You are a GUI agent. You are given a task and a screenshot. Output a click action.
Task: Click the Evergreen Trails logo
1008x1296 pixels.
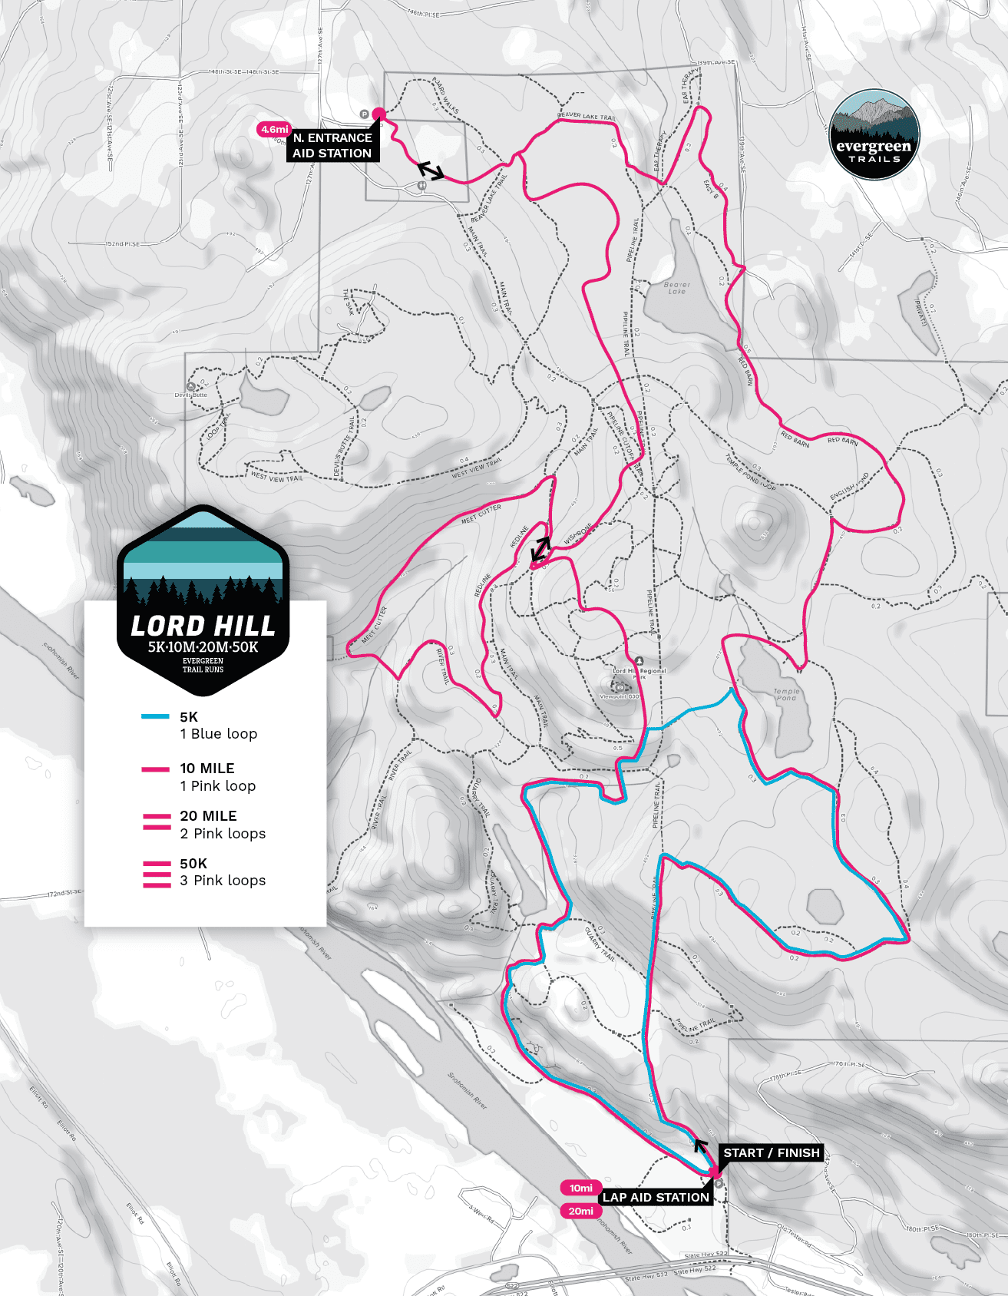pos(874,134)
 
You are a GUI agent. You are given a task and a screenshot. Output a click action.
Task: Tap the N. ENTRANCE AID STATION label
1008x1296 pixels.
pos(332,146)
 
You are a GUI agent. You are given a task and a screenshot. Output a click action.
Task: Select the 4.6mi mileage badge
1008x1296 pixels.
pos(274,130)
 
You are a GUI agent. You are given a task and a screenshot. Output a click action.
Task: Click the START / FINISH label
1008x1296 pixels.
pos(772,1153)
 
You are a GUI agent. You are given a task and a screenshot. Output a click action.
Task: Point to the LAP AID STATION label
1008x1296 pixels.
pos(656,1198)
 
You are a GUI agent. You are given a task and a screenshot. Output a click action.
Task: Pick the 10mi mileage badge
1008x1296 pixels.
pos(581,1188)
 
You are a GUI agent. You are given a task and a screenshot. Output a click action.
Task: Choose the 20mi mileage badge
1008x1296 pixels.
pos(581,1212)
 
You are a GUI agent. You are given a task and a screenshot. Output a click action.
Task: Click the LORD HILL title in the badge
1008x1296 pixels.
pos(203,627)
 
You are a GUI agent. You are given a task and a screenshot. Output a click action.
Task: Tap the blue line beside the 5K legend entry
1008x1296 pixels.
pos(156,717)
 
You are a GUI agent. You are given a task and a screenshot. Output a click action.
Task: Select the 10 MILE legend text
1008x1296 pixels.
pos(207,769)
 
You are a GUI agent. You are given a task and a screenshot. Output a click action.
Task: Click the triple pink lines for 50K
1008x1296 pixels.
pos(157,874)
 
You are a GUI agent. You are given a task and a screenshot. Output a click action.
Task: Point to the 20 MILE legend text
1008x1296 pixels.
pos(208,816)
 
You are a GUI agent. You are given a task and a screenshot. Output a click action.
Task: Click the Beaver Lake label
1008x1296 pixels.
pos(676,288)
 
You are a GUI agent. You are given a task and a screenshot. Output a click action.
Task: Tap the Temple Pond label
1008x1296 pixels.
pos(786,694)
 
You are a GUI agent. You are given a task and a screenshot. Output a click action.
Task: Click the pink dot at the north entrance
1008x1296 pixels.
pos(378,114)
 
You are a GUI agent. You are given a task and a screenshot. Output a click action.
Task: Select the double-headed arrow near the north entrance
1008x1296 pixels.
pos(431,170)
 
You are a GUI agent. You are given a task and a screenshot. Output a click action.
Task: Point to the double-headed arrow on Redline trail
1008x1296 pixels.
pos(540,549)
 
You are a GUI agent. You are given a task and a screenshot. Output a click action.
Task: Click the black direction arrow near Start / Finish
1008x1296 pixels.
pos(700,1146)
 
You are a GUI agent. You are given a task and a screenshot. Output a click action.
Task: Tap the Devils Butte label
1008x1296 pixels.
pos(190,395)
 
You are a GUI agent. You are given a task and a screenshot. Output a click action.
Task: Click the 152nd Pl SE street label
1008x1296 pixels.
pos(123,243)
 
